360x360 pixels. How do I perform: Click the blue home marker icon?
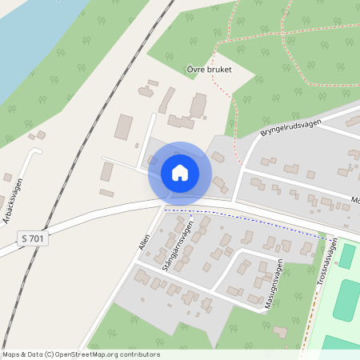point(179,173)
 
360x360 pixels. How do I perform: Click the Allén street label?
point(145,238)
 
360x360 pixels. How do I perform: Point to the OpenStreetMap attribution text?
point(81,354)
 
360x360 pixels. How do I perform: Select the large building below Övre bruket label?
point(198,104)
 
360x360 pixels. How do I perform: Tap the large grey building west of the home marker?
point(124,126)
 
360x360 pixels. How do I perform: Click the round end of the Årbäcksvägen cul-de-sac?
point(34,150)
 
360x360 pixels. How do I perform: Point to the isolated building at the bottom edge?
point(279,331)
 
